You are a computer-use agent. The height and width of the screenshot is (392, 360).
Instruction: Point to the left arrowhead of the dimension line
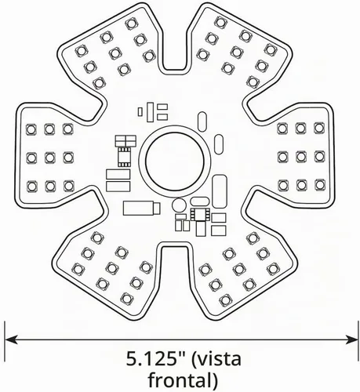click(12, 339)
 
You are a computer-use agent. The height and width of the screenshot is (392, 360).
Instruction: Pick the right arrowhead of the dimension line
click(352, 339)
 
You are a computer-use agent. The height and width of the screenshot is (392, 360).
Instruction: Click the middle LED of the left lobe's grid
click(49, 158)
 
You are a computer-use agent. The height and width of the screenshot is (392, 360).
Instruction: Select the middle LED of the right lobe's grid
click(301, 156)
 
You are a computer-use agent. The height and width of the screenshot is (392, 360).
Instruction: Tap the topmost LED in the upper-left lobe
click(131, 24)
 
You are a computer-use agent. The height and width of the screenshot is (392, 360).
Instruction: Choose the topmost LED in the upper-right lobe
click(221, 22)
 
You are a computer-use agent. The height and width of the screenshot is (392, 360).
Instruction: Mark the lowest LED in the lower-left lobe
click(127, 298)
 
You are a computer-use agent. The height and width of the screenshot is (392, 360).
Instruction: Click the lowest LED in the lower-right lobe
click(225, 300)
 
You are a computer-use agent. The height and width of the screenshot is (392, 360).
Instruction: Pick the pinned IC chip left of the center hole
click(125, 156)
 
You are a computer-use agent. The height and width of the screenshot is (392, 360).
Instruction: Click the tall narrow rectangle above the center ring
click(151, 112)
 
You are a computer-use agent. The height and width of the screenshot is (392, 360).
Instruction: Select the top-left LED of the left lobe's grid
click(31, 129)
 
